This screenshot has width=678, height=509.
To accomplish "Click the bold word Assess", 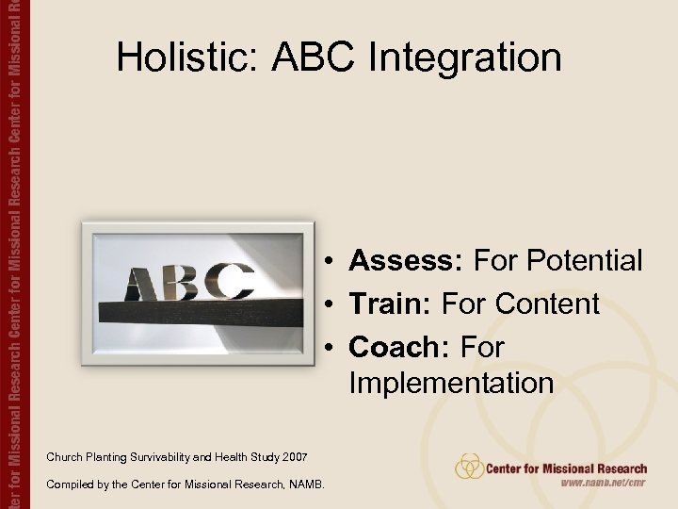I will click(x=407, y=260).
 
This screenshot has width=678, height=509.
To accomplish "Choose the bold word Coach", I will click(x=399, y=347).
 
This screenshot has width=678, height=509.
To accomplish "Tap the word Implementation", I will click(x=451, y=384).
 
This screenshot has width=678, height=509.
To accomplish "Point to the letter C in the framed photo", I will click(x=230, y=280).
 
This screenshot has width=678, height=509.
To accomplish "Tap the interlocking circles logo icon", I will click(x=469, y=467).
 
